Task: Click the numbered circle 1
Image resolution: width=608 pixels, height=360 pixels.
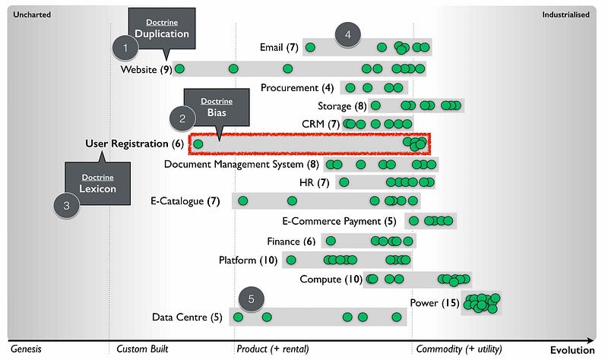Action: coord(125,50)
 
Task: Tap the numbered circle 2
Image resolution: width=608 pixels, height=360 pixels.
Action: coord(182,118)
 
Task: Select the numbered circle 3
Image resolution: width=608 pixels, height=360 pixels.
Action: coord(67,204)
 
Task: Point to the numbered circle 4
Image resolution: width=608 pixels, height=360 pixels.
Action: coord(347,34)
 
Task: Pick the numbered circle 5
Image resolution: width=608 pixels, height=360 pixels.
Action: coord(252,298)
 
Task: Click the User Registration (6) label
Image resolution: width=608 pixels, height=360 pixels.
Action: coord(134,144)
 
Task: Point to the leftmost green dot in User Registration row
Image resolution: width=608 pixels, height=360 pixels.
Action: coord(198,144)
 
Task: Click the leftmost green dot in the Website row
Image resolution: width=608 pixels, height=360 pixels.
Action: coord(180,70)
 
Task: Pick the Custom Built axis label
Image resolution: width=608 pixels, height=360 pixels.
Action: coord(142,349)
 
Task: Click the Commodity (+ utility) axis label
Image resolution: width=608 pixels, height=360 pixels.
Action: coord(459,349)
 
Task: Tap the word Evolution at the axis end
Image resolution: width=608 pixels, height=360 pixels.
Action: coord(572,350)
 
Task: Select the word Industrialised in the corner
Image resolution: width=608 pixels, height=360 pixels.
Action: coord(565,14)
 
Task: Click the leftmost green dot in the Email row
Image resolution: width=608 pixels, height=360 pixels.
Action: coord(310,49)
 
